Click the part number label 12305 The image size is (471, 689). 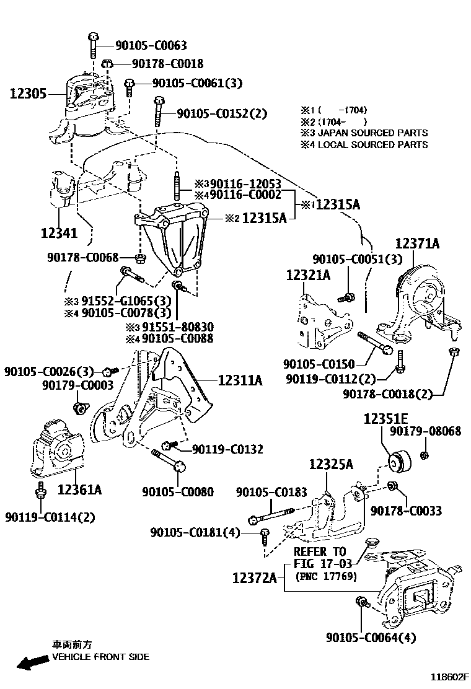28,94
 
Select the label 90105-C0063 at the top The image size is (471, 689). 151,46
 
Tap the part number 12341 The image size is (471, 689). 59,233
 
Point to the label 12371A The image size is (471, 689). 418,244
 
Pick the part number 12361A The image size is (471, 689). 79,490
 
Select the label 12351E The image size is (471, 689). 386,418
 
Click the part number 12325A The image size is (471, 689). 331,463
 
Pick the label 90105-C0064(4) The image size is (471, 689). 371,637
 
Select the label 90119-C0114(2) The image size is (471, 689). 50,517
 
